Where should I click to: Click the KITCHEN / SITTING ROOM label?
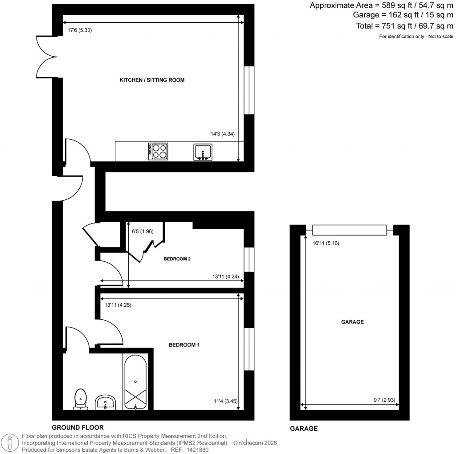click(152, 80)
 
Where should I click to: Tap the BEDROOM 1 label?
click(183, 345)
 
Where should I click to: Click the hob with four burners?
click(158, 151)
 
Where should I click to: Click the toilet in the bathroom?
click(81, 398)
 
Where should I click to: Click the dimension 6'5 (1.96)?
click(142, 231)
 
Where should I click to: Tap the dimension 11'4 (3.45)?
click(226, 401)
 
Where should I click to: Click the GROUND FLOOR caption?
click(77, 428)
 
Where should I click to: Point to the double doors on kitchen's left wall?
click(46, 57)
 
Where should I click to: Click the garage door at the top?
click(349, 230)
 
